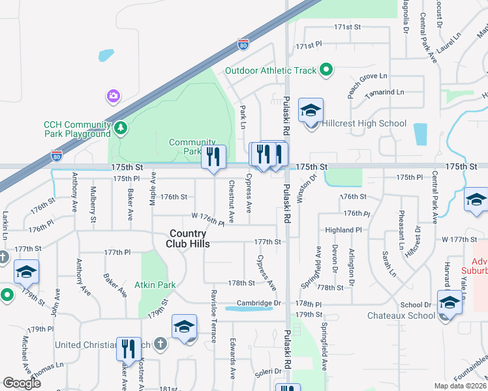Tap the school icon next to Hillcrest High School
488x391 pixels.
click(x=311, y=111)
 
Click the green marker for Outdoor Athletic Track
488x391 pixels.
click(x=327, y=70)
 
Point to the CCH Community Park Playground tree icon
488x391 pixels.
click(x=120, y=128)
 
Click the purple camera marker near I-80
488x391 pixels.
click(x=114, y=96)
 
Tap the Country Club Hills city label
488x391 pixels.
click(x=188, y=239)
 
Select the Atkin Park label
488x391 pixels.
click(x=155, y=285)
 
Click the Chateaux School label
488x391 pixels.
click(x=410, y=316)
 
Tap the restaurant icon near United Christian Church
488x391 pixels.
click(x=128, y=349)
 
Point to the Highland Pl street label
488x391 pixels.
click(x=344, y=230)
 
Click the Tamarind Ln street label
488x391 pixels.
click(x=385, y=93)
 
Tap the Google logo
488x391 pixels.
click(x=22, y=383)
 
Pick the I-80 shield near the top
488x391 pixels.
click(x=243, y=46)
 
